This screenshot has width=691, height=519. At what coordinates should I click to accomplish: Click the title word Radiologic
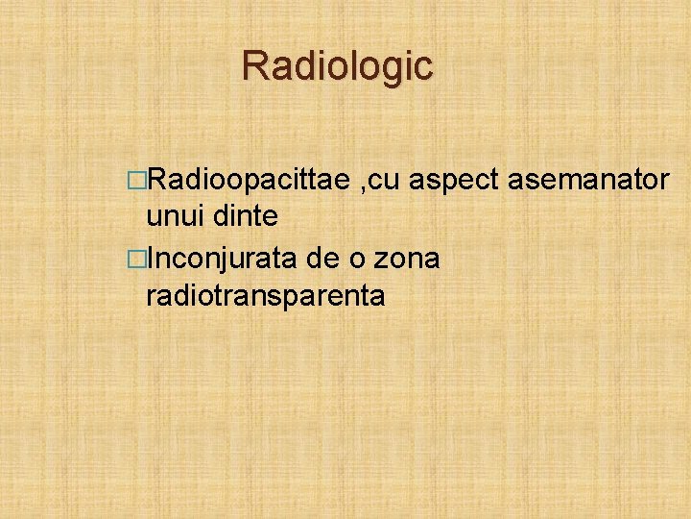tap(337, 65)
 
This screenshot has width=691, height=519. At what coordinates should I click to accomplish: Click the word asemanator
tap(592, 178)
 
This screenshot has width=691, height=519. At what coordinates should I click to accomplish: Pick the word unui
tap(174, 217)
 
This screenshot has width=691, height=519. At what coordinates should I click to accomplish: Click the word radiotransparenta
tap(265, 297)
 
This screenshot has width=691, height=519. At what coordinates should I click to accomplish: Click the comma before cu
tap(363, 186)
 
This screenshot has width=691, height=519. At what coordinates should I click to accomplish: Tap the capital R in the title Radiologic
tap(254, 65)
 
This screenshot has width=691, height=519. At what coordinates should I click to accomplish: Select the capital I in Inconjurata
tap(152, 258)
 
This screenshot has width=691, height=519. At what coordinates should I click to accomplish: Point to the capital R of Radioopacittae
tap(156, 178)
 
